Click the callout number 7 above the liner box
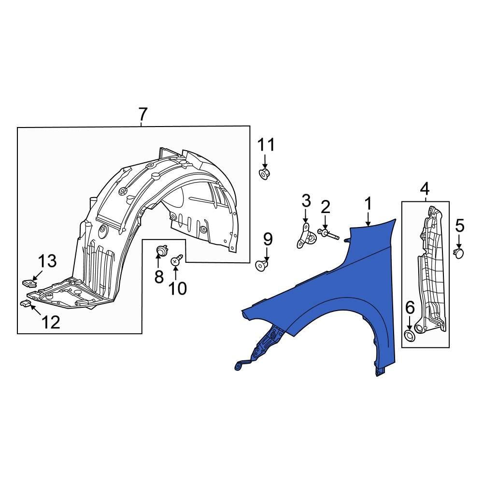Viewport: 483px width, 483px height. coord(142,115)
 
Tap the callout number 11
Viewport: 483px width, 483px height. coord(265,144)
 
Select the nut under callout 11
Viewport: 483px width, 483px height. coord(264,173)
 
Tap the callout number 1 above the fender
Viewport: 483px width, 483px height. coord(368,204)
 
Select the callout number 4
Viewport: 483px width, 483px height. coord(425,188)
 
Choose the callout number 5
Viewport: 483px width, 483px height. coord(459,225)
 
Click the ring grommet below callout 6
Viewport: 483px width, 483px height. coord(409,336)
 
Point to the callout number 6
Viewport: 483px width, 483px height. coord(409,307)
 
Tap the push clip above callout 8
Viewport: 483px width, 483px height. coord(161,251)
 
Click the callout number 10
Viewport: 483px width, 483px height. coord(177,288)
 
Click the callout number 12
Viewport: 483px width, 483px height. coord(51,322)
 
